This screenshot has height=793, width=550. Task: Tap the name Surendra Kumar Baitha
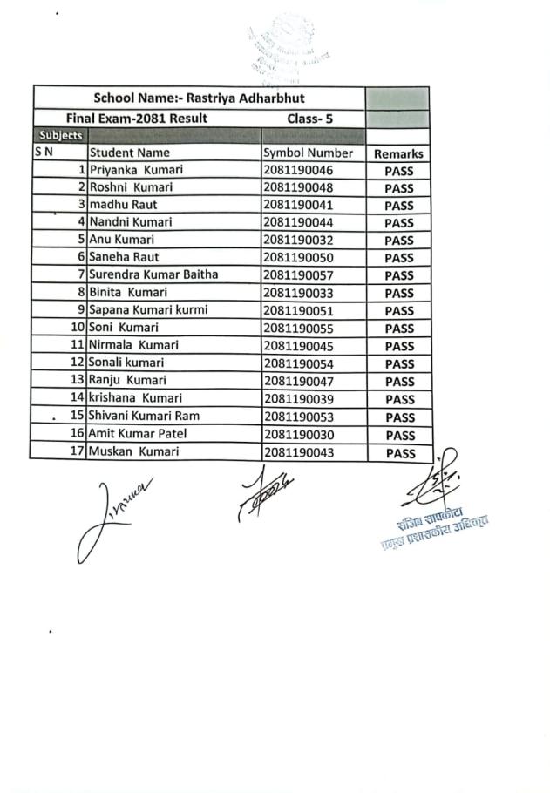(x=153, y=274)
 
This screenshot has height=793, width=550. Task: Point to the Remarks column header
(x=398, y=153)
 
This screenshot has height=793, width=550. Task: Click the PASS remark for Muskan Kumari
(x=398, y=453)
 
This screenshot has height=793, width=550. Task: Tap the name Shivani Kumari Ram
(x=144, y=417)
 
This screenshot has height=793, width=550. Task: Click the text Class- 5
(x=310, y=118)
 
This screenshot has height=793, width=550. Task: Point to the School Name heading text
(x=199, y=98)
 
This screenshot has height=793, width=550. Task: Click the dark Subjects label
(x=59, y=136)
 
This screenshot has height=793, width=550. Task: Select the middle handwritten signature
(x=261, y=491)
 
